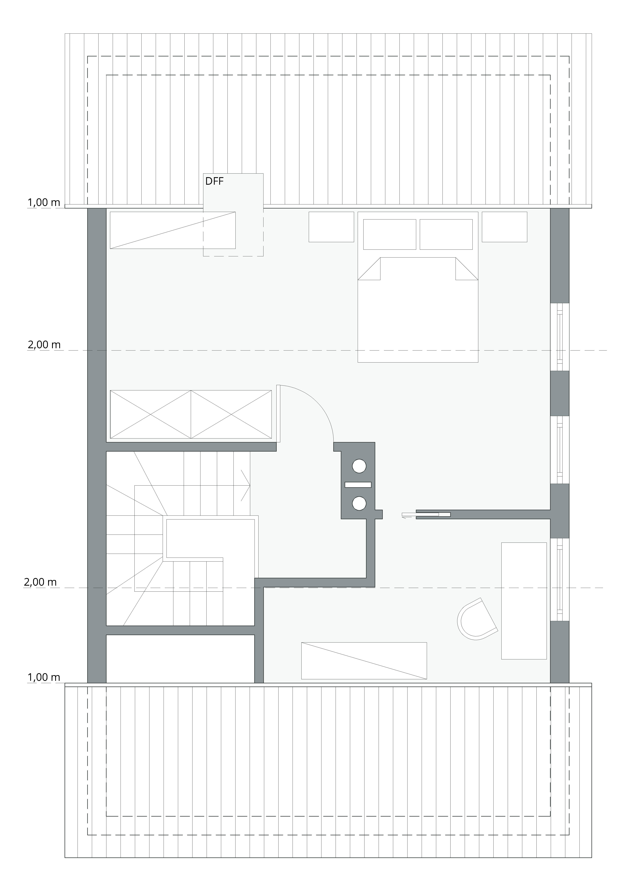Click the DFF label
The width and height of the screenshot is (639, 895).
pos(214,181)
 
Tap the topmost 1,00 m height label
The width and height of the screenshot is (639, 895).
pos(44,203)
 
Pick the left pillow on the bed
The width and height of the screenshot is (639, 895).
pos(389,234)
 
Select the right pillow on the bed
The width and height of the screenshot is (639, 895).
pos(446,234)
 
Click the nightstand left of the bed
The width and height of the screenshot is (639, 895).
pos(331,227)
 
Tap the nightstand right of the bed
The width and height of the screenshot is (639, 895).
pos(504,227)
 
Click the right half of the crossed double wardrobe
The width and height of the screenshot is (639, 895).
pos(231,414)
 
